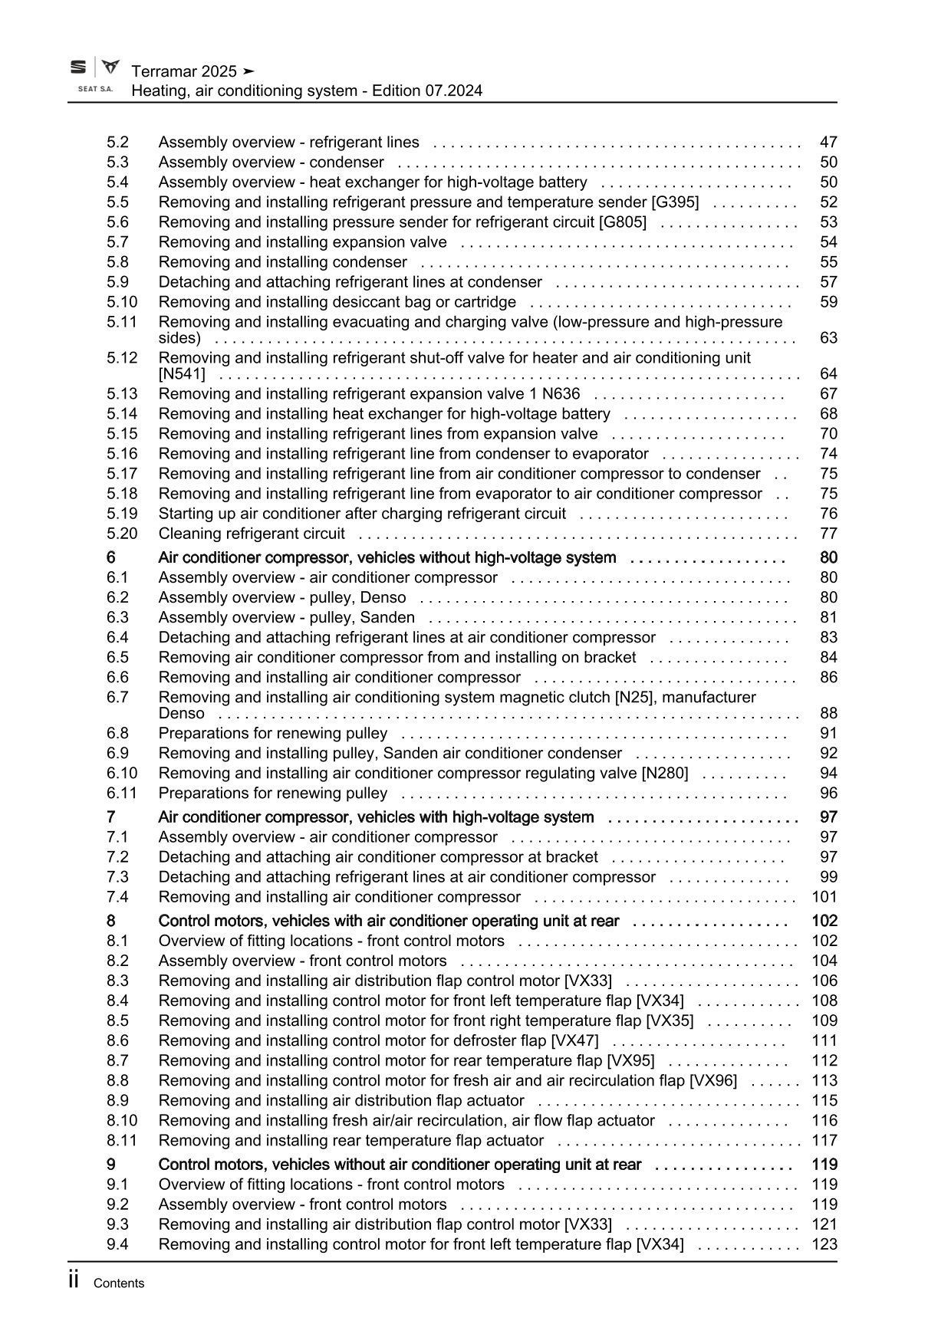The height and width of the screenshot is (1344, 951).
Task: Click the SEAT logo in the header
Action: pyautogui.click(x=78, y=68)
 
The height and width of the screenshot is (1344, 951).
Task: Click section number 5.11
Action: pyautogui.click(x=121, y=322)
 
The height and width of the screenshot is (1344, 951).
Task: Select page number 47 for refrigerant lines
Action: pyautogui.click(x=828, y=142)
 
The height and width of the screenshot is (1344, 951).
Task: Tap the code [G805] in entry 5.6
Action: pyautogui.click(x=622, y=222)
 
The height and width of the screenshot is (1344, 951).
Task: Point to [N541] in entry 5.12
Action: pyautogui.click(x=182, y=374)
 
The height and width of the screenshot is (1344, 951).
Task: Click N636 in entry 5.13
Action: pyautogui.click(x=561, y=394)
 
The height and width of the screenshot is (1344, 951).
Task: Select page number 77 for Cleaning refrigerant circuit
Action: pyautogui.click(x=828, y=534)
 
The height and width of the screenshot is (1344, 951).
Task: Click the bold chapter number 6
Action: pyautogui.click(x=111, y=557)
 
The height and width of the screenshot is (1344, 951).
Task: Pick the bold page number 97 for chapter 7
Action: pyautogui.click(x=828, y=817)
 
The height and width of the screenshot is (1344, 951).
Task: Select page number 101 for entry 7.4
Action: pyautogui.click(x=824, y=897)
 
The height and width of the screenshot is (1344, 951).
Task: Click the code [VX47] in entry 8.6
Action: pyautogui.click(x=574, y=1041)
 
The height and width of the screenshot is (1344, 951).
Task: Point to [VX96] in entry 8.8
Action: pyautogui.click(x=713, y=1081)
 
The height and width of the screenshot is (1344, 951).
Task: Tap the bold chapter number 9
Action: pyautogui.click(x=111, y=1165)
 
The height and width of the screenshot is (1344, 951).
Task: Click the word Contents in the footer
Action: pyautogui.click(x=118, y=1283)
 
